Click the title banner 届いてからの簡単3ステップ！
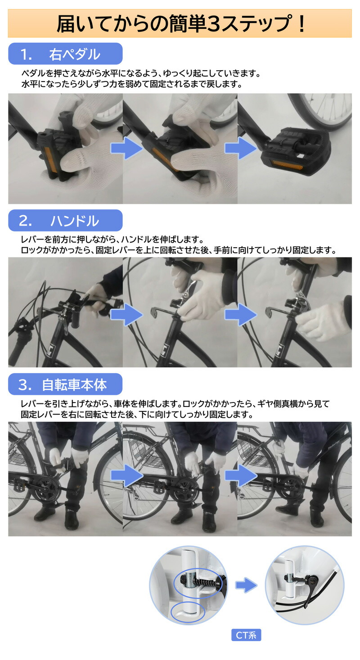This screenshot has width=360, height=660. [180, 23]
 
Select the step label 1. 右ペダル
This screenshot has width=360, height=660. [65, 54]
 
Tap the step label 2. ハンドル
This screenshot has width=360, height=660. [65, 221]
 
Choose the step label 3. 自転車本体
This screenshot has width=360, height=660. [65, 384]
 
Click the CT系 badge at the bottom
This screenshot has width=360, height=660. [246, 635]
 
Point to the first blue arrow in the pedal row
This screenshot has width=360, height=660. [126, 148]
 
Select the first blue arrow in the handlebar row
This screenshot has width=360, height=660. [126, 314]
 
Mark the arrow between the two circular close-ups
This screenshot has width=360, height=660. [246, 585]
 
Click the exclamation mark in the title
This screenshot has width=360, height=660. [300, 24]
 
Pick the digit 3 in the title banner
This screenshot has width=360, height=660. [212, 24]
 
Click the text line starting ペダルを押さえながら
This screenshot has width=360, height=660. [141, 73]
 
